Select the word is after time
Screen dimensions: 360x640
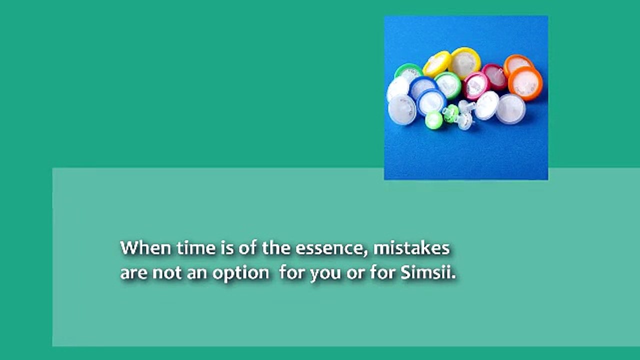coord(226,248)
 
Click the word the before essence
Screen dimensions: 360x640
coord(276,248)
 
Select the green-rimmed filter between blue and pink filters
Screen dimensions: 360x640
coord(447,84)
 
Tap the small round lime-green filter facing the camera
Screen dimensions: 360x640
coord(433,120)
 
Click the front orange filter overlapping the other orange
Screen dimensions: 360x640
coord(525,83)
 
